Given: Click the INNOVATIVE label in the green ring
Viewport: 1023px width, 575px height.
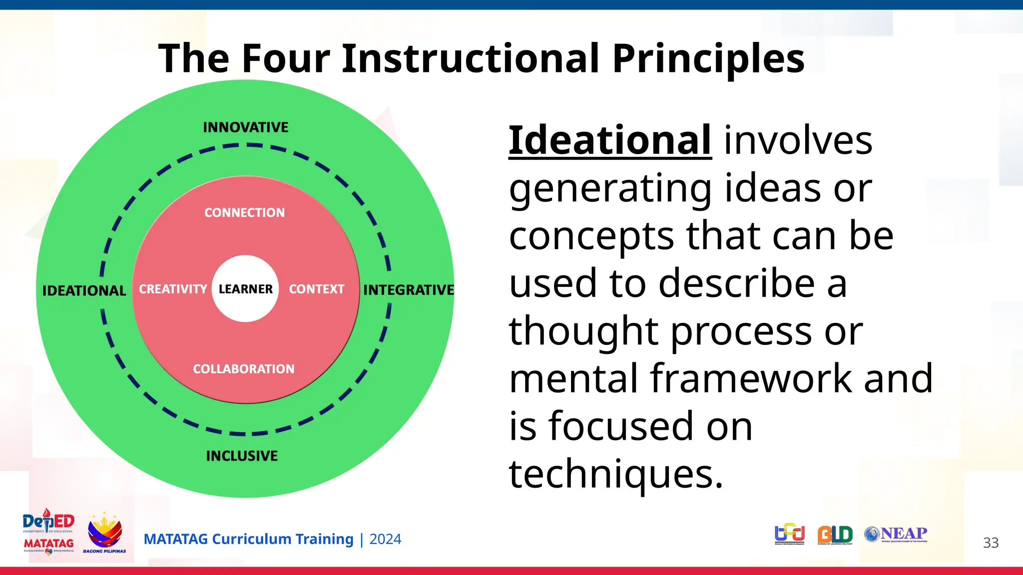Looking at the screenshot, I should [x=245, y=127].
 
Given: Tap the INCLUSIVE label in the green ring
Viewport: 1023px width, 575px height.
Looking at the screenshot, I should [x=242, y=456].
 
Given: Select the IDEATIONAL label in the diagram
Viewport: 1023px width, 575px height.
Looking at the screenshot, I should [x=84, y=290].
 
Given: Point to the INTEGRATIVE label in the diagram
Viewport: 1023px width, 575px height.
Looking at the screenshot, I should [x=408, y=290].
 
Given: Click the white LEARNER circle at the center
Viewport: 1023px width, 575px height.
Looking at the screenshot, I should [x=245, y=289].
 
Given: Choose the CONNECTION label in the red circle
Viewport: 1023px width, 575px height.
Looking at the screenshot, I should [x=244, y=213].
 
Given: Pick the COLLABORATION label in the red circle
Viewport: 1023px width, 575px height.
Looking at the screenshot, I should [x=244, y=369].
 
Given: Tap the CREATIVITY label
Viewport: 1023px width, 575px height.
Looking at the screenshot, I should [x=173, y=289].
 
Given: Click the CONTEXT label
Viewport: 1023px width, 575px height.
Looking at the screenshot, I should [x=317, y=289].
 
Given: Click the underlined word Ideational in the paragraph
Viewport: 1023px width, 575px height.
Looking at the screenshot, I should [x=610, y=141].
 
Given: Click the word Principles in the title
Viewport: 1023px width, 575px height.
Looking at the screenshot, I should [x=708, y=58].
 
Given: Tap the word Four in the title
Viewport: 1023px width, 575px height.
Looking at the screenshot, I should [x=286, y=58].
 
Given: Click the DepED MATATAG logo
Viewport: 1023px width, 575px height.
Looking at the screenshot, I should [x=48, y=532].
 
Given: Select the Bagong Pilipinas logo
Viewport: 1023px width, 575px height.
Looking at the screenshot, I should [x=104, y=533].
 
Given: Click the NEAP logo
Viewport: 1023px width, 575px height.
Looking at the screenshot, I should [x=896, y=534].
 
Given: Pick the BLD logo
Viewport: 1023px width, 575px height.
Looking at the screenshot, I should [x=835, y=535].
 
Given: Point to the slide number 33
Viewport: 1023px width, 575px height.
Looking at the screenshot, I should [x=991, y=543].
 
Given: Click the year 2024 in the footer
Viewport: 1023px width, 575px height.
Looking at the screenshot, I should [x=385, y=539].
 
